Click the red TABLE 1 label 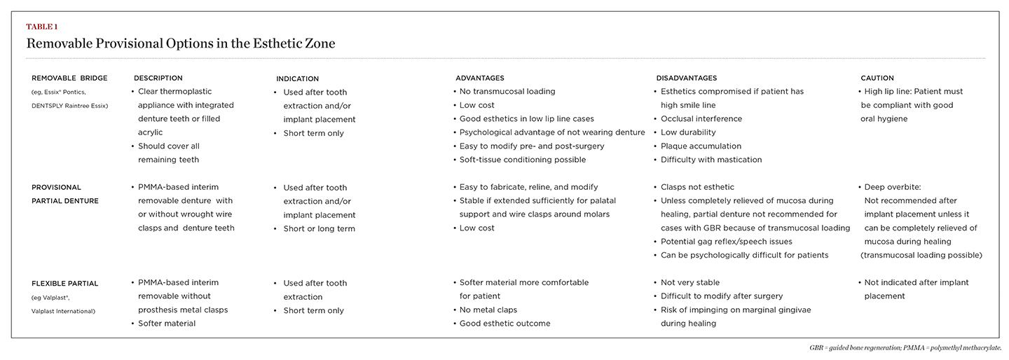[42, 27]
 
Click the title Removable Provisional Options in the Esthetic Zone [181, 43]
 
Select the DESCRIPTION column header [158, 78]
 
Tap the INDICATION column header [297, 78]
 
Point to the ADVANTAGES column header [479, 78]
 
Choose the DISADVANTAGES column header [686, 78]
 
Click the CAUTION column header [877, 78]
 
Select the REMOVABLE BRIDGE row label [69, 78]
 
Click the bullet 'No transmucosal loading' [507, 91]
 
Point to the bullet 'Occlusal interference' [701, 118]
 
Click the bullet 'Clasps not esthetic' [697, 187]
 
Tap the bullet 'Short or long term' [319, 228]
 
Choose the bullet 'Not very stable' [689, 282]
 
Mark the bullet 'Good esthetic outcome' [504, 324]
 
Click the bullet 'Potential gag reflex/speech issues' [726, 242]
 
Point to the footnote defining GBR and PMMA [905, 347]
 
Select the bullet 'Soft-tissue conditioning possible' [521, 160]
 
